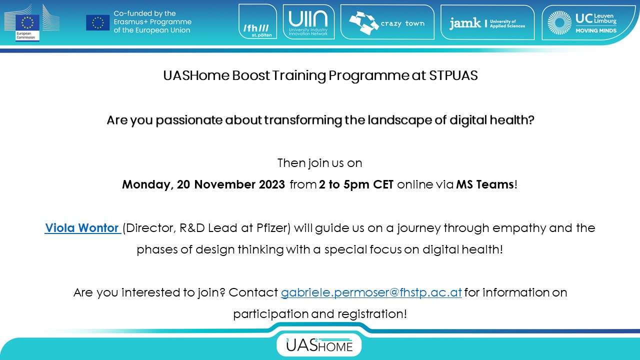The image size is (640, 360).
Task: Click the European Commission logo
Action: click(31, 23)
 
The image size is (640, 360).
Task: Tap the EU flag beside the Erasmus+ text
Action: click(97, 22)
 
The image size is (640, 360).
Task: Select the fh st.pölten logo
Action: click(257, 21)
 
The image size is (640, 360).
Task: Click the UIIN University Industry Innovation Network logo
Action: click(308, 21)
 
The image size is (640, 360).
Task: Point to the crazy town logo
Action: click(387, 22)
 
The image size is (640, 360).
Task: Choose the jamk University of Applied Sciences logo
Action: click(487, 22)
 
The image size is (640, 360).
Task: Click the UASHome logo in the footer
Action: click(319, 345)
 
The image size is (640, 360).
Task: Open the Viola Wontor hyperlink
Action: click(83, 228)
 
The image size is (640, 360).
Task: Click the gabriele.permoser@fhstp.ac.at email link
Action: click(371, 292)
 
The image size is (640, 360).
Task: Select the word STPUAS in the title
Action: click(453, 75)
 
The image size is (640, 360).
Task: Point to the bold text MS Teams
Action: click(485, 184)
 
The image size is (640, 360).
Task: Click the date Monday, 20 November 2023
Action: click(203, 185)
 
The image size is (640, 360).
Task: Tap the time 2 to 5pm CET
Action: click(356, 185)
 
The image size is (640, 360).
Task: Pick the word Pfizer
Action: click(273, 228)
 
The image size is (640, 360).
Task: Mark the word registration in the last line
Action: click(372, 314)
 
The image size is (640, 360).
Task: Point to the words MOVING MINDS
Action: click(596, 30)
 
